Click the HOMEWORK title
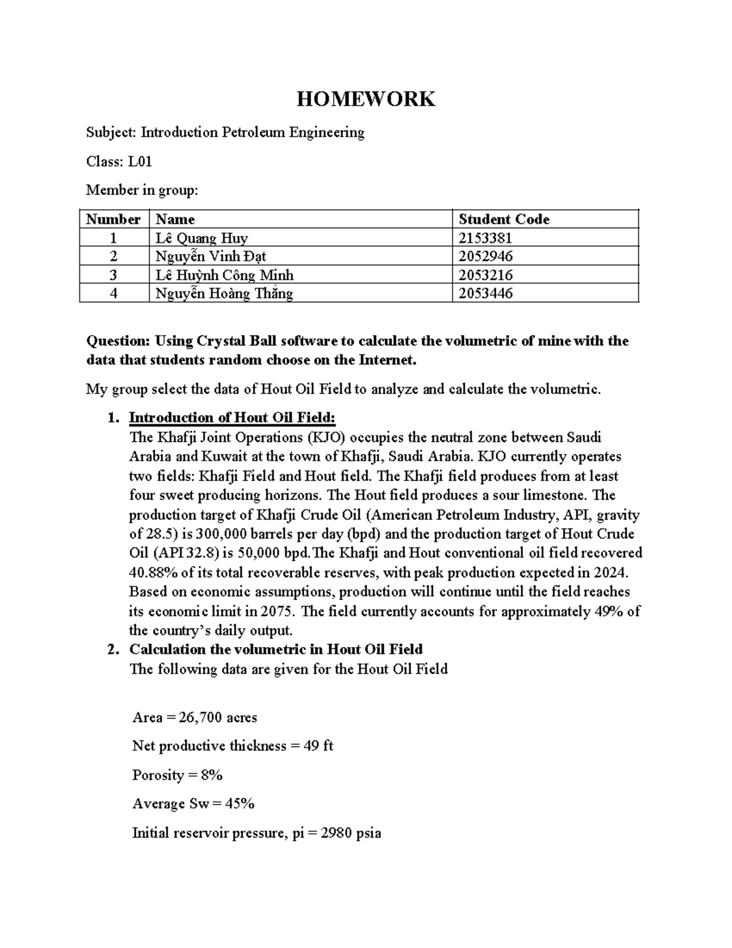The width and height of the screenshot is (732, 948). coord(365,99)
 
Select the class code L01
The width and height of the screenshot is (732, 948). coord(140,162)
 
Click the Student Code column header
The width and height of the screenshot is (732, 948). coord(504,219)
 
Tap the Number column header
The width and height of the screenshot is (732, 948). coord(113,219)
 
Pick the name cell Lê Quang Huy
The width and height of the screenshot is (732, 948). coord(201,238)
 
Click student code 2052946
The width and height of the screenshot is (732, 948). coord(486,256)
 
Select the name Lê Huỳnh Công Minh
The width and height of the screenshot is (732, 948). coord(224,275)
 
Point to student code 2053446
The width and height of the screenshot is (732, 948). coord(486,294)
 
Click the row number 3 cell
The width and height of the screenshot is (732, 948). coord(113,275)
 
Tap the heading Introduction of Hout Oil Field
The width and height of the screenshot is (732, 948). coord(232,418)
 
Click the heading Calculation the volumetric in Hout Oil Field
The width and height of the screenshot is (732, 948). coord(276,649)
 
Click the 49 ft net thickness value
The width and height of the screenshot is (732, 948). coord(318,746)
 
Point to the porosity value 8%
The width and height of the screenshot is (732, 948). coord(212,775)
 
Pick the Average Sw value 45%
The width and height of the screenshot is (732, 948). coord(240,804)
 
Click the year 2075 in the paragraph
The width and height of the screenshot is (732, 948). coord(279,611)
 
